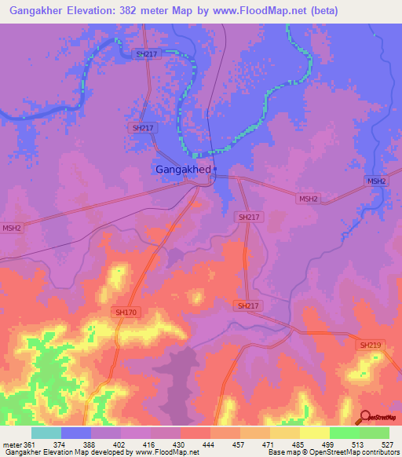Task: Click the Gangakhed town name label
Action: (181, 169)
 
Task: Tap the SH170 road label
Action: (124, 312)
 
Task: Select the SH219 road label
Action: (371, 345)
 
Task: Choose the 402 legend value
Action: (122, 444)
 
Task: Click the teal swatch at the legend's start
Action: (46, 433)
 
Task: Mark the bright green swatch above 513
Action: (344, 433)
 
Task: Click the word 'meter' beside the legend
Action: (11, 444)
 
